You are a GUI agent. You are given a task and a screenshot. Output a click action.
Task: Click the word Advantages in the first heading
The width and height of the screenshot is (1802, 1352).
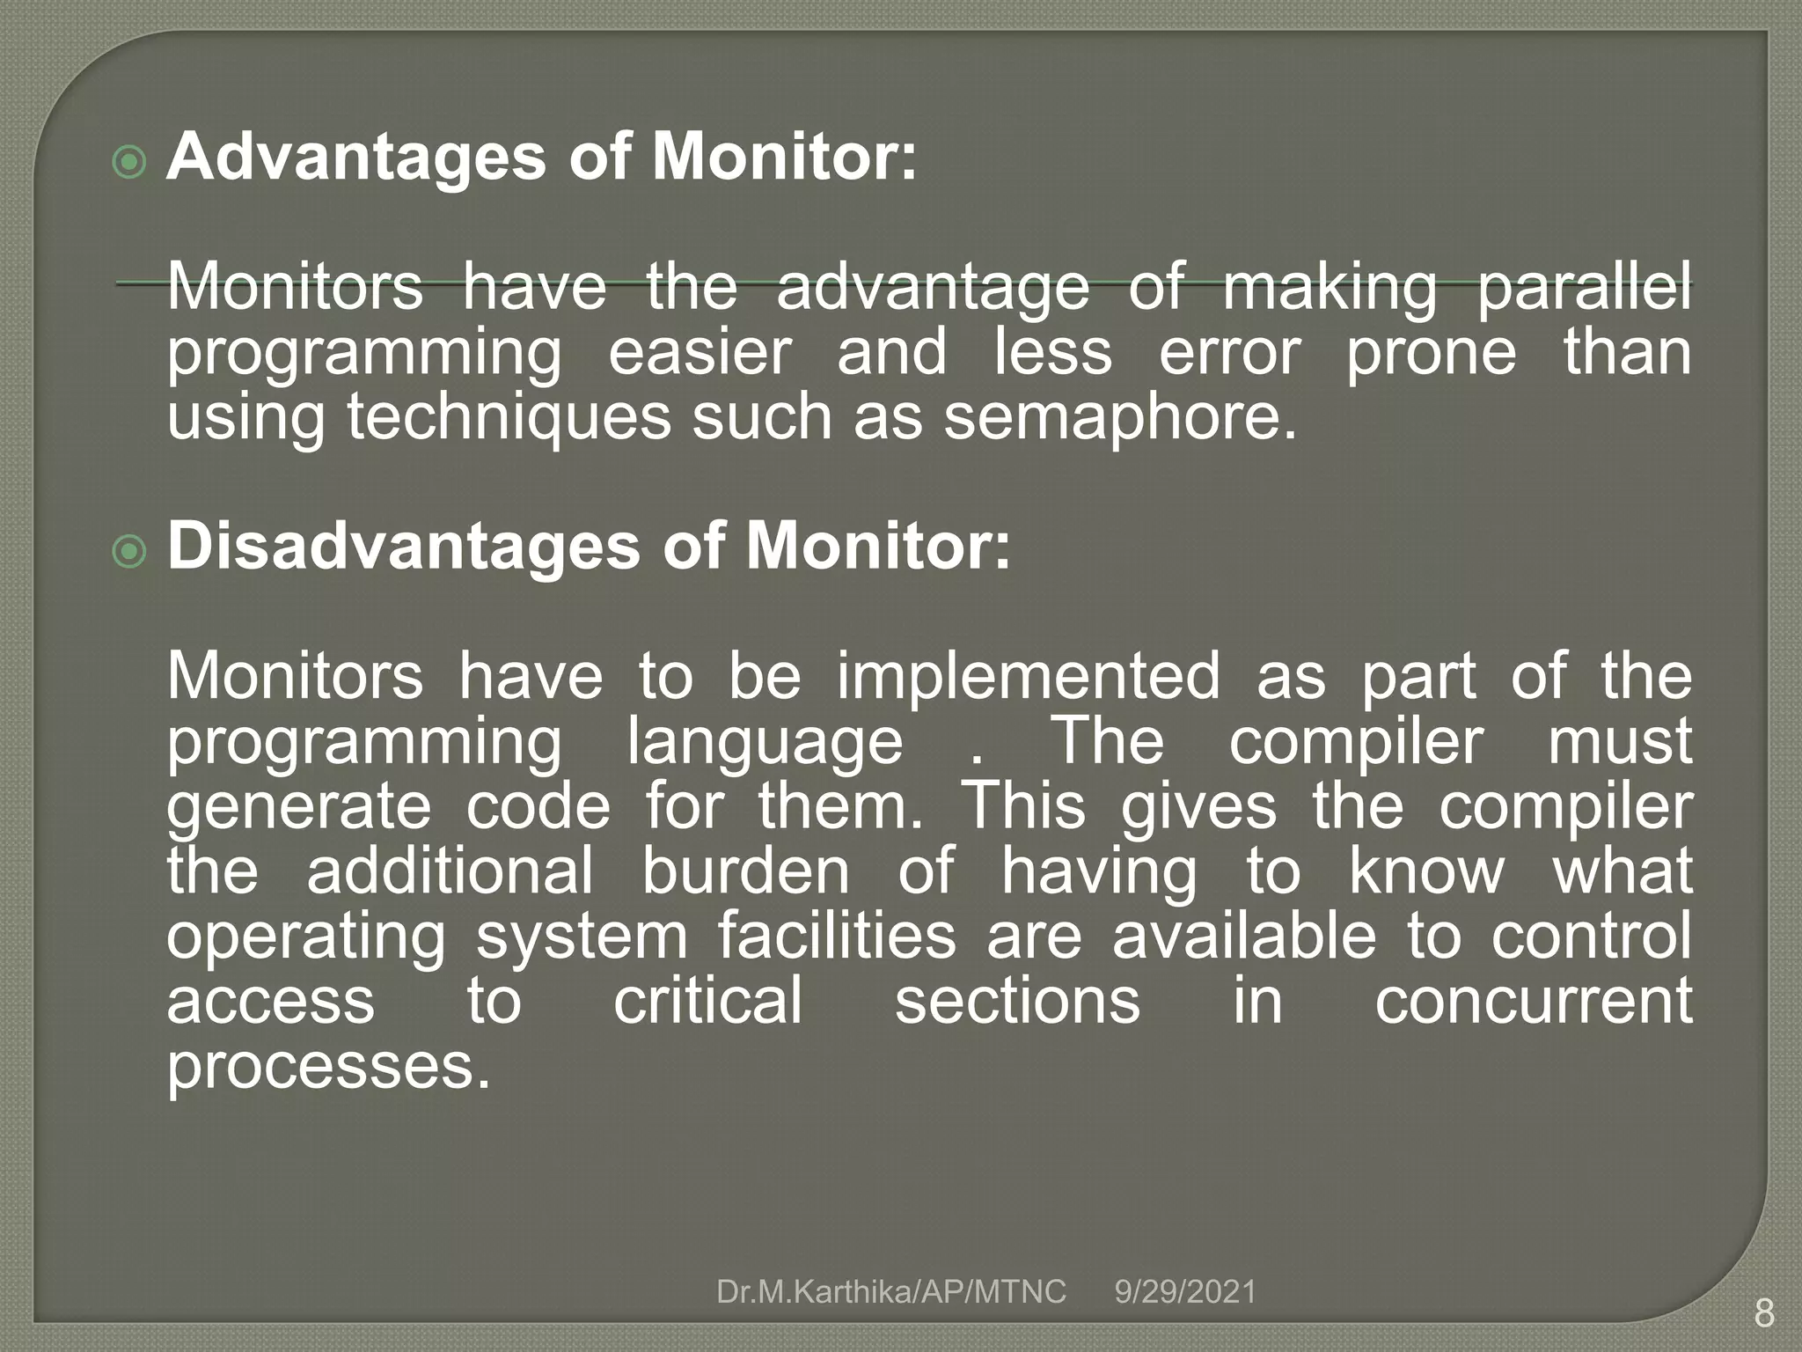pos(356,158)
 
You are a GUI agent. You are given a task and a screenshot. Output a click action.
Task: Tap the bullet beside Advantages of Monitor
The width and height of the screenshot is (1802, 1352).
pos(130,162)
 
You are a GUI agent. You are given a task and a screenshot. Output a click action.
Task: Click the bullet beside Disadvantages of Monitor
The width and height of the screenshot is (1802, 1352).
pos(130,552)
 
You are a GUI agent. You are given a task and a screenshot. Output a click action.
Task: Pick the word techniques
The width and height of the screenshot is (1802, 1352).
pos(509,418)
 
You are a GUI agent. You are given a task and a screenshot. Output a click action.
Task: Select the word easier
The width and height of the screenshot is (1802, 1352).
pos(700,352)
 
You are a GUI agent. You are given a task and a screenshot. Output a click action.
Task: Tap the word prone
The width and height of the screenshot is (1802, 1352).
pos(1432,354)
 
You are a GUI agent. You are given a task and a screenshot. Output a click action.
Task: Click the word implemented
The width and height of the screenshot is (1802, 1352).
pos(1029,676)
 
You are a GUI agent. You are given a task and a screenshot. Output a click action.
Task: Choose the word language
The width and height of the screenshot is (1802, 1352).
pos(765,743)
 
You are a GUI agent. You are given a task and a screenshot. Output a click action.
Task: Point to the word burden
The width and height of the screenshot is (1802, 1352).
pos(745,871)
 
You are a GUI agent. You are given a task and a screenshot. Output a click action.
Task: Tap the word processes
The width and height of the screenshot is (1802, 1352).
pos(328,1067)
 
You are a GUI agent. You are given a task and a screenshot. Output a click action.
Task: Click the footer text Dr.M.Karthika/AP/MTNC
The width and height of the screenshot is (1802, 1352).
pos(891,1292)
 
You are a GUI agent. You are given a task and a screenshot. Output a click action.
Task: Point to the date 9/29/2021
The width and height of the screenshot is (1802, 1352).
pos(1185,1292)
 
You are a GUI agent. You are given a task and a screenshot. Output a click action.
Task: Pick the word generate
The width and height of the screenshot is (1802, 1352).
pos(299,808)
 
